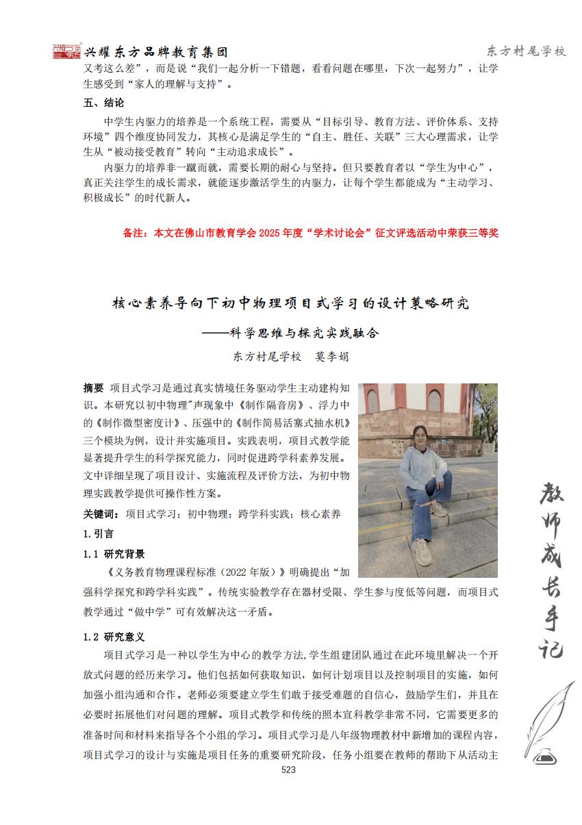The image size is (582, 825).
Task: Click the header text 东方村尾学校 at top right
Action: (526, 51)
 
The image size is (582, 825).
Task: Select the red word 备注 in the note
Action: (135, 233)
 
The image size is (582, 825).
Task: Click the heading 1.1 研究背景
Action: (114, 554)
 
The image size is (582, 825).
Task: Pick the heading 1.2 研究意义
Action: (114, 637)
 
